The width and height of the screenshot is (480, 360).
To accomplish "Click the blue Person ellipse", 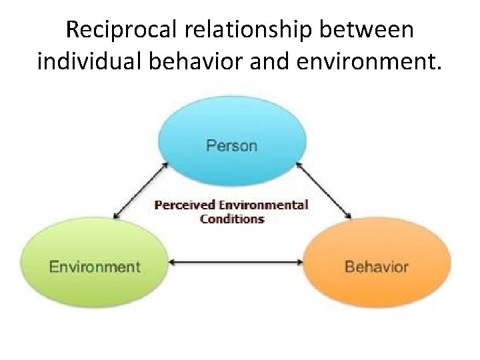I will pyautogui.click(x=231, y=133).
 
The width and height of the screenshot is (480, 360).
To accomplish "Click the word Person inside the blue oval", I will pyautogui.click(x=231, y=145).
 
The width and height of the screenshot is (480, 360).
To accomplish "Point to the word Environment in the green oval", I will pyautogui.click(x=95, y=267).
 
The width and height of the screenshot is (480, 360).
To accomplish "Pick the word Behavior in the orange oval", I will pyautogui.click(x=377, y=267).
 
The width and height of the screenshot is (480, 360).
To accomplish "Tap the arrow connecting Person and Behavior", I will pyautogui.click(x=324, y=189).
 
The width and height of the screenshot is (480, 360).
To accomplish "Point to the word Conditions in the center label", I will pyautogui.click(x=232, y=219).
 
